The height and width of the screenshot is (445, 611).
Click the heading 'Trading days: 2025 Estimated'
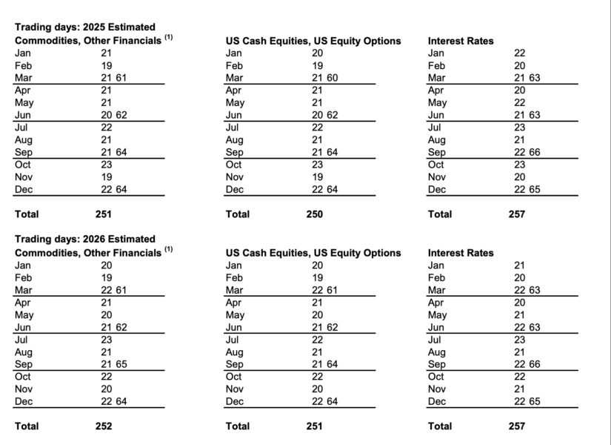[85, 27]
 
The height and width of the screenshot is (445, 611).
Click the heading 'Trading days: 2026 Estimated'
[85, 239]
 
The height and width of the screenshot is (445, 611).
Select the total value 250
[314, 214]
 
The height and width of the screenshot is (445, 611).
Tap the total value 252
[104, 426]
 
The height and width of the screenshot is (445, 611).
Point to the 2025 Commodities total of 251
[104, 214]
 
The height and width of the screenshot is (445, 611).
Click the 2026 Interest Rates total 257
[515, 426]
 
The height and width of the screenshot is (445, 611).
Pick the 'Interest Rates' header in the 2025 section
[461, 41]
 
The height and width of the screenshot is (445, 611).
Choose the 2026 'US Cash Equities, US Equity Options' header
[313, 252]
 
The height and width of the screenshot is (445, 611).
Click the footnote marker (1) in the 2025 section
[169, 37]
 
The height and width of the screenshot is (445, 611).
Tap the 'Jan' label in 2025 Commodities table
[23, 53]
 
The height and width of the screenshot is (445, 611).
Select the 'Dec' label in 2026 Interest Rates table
[437, 401]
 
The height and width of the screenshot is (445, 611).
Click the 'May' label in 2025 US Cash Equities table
[235, 102]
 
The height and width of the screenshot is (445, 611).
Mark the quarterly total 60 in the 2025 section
[332, 78]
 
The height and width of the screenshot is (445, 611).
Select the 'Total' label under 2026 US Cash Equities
[238, 426]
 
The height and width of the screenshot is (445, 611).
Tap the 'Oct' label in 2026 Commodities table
[23, 377]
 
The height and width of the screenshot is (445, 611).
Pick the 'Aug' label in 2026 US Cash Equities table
[234, 352]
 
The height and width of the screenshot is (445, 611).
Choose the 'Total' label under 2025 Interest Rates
[440, 214]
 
